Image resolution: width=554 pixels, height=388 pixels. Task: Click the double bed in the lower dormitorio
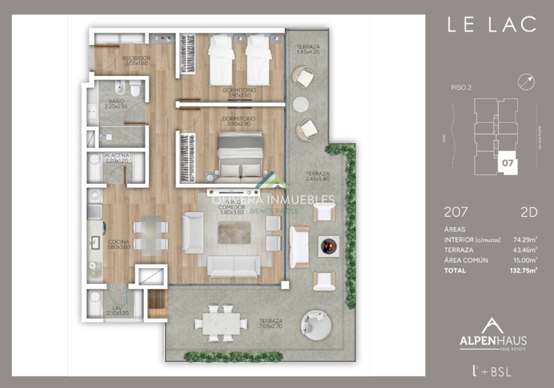tap(240, 157)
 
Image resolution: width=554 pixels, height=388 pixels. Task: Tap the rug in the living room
tap(234, 232)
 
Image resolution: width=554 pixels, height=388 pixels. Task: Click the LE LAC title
tap(492, 24)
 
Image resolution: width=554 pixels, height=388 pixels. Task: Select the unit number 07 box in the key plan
tap(507, 163)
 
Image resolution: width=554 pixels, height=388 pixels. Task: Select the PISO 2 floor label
tap(461, 88)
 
